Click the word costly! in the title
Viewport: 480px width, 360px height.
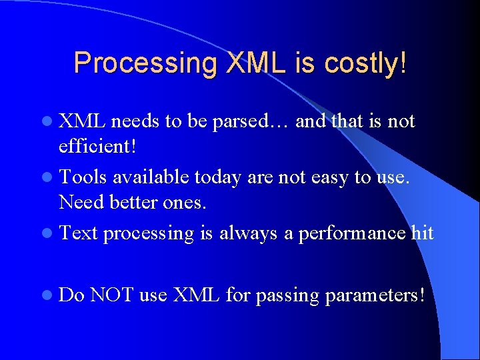(365, 63)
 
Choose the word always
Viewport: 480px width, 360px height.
(249, 233)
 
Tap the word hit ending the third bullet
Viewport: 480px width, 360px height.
(422, 233)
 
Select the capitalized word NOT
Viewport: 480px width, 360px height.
(112, 295)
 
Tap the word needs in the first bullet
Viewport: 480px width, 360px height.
(135, 122)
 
